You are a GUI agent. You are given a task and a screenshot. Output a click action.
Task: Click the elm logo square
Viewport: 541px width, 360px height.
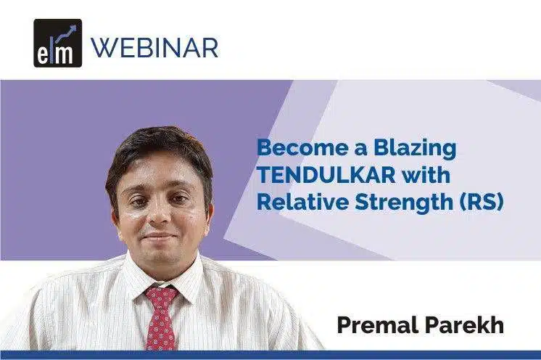(x=57, y=43)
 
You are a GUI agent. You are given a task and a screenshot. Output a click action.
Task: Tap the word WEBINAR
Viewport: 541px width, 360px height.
(x=154, y=48)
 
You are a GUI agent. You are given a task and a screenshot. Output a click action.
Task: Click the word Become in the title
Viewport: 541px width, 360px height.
(x=302, y=147)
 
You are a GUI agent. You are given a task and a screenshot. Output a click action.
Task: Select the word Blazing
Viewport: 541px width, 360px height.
(x=415, y=149)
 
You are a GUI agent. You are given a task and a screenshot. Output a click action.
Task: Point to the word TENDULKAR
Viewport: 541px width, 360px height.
(x=326, y=175)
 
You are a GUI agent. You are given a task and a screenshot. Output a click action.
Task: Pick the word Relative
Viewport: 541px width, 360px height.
(x=302, y=202)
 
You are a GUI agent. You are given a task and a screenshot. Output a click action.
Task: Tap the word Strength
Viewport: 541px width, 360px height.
(x=404, y=203)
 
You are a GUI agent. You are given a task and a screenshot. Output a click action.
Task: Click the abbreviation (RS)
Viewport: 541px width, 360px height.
(x=482, y=202)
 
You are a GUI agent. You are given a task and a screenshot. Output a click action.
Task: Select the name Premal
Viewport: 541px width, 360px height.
(x=377, y=324)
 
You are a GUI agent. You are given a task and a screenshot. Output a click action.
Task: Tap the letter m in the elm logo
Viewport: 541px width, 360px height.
(x=63, y=54)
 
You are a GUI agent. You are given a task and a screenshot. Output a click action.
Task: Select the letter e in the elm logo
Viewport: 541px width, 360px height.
(x=43, y=55)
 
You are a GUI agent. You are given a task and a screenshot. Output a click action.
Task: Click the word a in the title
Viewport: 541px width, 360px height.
(x=361, y=149)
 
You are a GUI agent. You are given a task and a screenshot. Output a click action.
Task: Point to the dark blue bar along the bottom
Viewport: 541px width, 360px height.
(x=270, y=355)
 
